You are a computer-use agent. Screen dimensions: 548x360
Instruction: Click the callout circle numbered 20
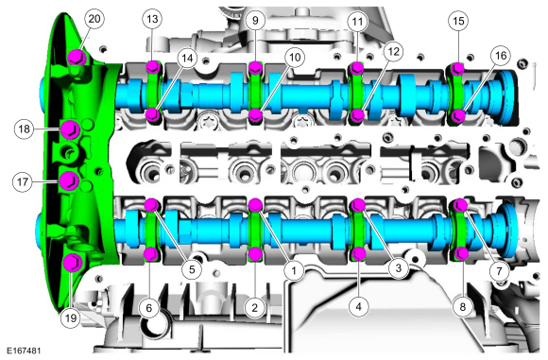94,19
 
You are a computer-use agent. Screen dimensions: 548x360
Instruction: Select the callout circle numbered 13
152,19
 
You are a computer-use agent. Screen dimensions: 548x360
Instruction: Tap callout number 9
255,20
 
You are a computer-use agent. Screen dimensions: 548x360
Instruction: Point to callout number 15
458,21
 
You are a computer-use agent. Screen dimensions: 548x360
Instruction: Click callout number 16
501,55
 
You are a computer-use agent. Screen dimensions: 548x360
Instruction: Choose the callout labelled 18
24,129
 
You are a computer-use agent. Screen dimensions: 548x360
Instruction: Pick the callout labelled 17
23,181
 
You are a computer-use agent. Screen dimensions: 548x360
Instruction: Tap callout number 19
70,317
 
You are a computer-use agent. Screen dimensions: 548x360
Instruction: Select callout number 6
149,308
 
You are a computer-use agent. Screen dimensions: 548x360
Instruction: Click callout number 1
294,270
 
